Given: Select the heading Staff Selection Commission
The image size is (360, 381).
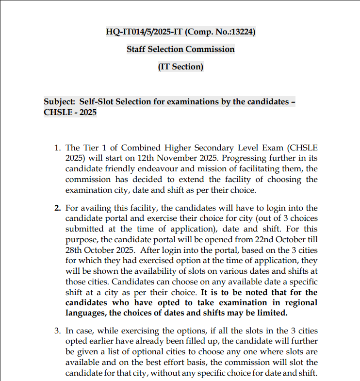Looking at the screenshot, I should (x=180, y=49).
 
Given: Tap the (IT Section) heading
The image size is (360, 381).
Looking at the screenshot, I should (x=180, y=66).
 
